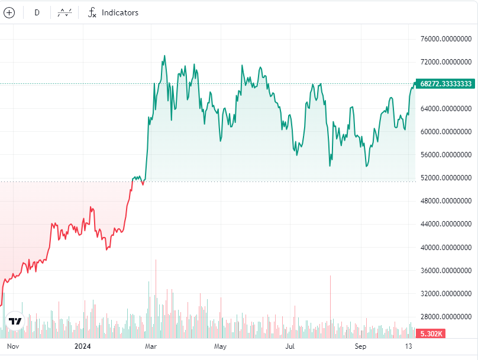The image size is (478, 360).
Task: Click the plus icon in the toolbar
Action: pos(9,12)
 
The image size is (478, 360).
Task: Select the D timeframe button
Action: pos(37,12)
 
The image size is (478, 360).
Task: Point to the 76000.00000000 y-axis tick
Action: pos(445,40)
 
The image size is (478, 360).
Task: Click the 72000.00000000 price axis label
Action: pos(445,62)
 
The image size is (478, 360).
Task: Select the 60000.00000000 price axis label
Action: pos(445,132)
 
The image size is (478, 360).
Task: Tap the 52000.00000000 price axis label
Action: pos(445,178)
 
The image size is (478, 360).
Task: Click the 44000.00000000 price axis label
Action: pos(445,224)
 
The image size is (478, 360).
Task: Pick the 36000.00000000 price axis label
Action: pos(445,271)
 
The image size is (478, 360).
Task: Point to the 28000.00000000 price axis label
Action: pos(445,317)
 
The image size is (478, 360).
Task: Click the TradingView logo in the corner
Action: pos(15,321)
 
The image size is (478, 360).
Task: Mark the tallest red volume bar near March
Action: pos(156,296)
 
